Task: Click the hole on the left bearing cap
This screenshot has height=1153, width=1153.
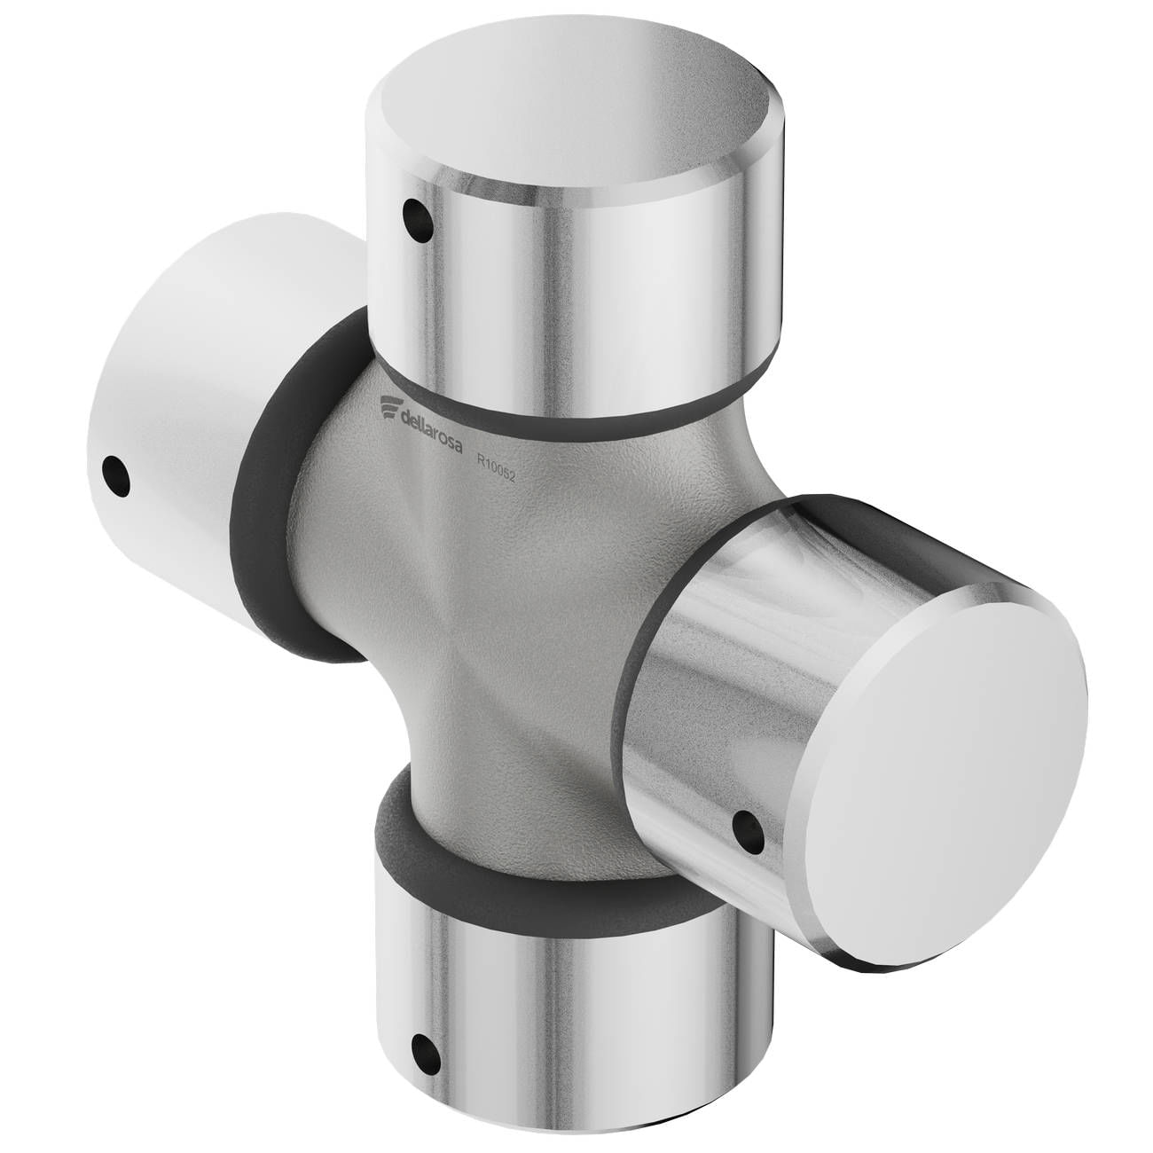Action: pyautogui.click(x=116, y=475)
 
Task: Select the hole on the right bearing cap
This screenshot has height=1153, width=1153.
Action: pyautogui.click(x=749, y=832)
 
